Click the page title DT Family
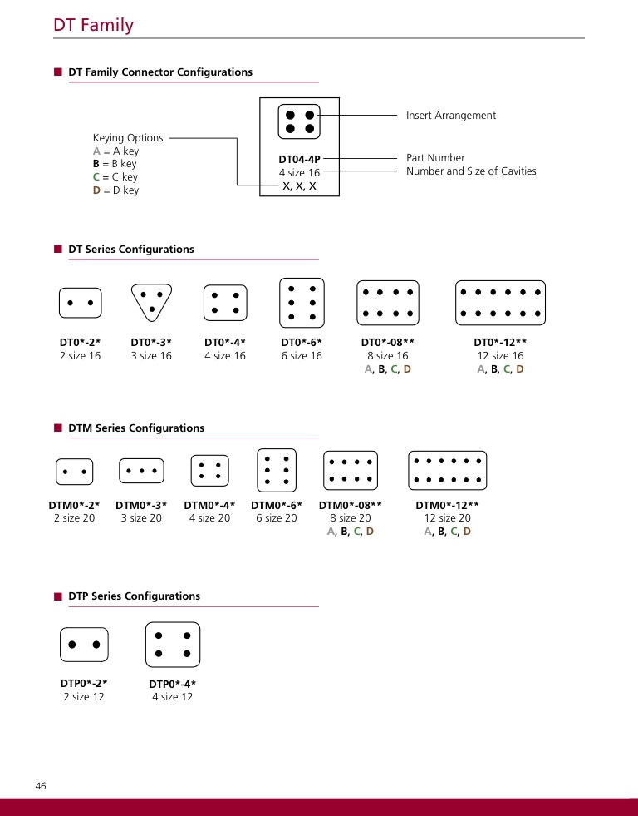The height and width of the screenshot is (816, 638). pyautogui.click(x=93, y=25)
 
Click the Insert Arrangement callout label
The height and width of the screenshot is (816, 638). pyautogui.click(x=450, y=116)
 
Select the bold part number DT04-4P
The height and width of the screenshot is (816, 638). pyautogui.click(x=299, y=158)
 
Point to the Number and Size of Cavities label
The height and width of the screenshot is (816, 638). pyautogui.click(x=471, y=171)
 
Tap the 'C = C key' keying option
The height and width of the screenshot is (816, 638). pyautogui.click(x=115, y=177)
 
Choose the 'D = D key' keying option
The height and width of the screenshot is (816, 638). pyautogui.click(x=115, y=190)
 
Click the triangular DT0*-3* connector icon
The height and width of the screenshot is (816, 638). pyautogui.click(x=151, y=302)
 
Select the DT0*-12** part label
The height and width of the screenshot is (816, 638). pyautogui.click(x=500, y=342)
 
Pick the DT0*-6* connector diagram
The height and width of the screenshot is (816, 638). pyautogui.click(x=302, y=303)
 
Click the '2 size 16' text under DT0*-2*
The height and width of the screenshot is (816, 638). pyautogui.click(x=80, y=356)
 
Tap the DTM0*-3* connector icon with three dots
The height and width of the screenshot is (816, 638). pyautogui.click(x=141, y=471)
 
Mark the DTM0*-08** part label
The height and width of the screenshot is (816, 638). pyautogui.click(x=350, y=505)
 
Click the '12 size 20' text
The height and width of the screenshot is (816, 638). pyautogui.click(x=447, y=518)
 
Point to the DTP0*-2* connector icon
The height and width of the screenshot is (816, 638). pyautogui.click(x=84, y=645)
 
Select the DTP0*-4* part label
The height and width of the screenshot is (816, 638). pyautogui.click(x=172, y=684)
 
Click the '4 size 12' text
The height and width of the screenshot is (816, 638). pyautogui.click(x=172, y=697)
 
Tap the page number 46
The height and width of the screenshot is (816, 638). pyautogui.click(x=41, y=786)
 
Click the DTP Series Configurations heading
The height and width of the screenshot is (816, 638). pyautogui.click(x=134, y=596)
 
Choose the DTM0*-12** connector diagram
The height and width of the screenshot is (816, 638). pyautogui.click(x=447, y=471)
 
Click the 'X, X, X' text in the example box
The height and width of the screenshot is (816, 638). pyautogui.click(x=299, y=186)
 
